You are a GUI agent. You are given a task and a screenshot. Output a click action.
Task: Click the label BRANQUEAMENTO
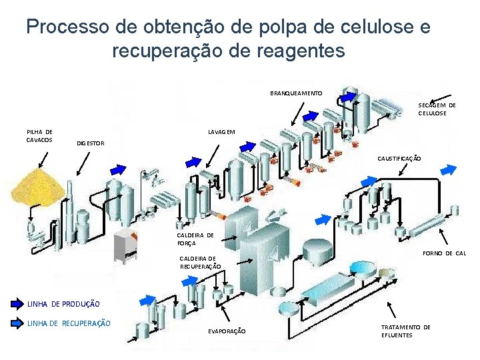coord(296,93)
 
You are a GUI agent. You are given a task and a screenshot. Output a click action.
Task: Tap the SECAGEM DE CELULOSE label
coord(437,109)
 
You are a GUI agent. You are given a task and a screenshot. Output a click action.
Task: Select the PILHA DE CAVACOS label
coord(39,135)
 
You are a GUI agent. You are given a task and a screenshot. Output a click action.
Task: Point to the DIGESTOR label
coord(90,143)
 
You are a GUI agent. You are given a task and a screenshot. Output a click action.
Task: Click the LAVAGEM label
coord(221,131)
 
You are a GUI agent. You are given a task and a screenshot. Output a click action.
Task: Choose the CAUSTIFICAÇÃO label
coord(399,159)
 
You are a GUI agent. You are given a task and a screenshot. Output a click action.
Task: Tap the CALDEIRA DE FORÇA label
coord(195,239)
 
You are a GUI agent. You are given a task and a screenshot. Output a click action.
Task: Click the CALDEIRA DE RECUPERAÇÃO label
coord(198,262)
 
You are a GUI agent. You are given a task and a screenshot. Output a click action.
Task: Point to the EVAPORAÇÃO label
coord(227,331)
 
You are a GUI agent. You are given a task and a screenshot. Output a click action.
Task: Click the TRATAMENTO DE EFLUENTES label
coord(405,331)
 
